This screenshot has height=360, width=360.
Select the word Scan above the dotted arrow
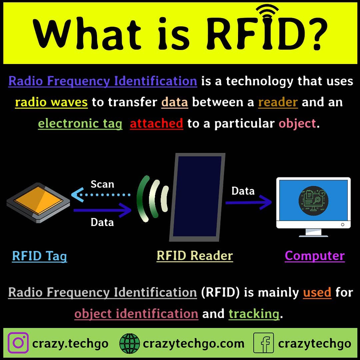[x=102, y=184]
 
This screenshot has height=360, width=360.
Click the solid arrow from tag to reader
[x=102, y=210]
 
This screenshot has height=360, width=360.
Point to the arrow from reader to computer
[x=248, y=203]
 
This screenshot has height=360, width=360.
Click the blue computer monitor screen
[x=313, y=200]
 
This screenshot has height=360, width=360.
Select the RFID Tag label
[x=39, y=256]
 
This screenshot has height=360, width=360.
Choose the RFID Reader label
[x=195, y=256]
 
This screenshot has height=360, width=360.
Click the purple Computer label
[x=315, y=256]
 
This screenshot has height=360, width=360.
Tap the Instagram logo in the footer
[x=18, y=343]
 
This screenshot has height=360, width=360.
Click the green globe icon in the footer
[x=129, y=343]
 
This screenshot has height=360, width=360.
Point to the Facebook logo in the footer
[x=263, y=343]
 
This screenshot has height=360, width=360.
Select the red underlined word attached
[x=156, y=124]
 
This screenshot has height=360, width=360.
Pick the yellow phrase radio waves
[x=51, y=102]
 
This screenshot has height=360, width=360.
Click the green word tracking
[x=254, y=314]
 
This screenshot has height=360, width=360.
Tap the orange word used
[x=317, y=292]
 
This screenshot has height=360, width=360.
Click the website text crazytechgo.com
[x=193, y=343]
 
